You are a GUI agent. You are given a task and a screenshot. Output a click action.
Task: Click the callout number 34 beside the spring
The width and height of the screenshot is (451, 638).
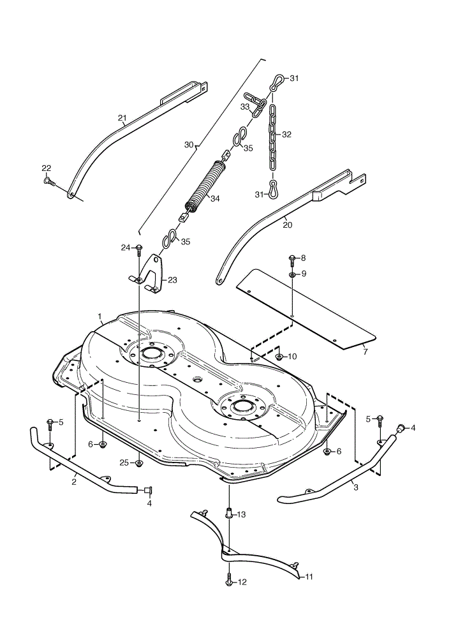[x=215, y=198]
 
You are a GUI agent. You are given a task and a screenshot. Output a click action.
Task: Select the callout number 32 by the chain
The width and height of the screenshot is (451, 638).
[x=286, y=134]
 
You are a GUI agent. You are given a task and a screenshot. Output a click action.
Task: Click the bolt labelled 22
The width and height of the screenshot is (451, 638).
[x=48, y=181]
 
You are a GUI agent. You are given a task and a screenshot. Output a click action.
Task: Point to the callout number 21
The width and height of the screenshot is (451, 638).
[x=122, y=118]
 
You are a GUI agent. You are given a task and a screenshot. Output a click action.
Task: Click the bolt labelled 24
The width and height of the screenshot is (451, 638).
[x=139, y=249]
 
